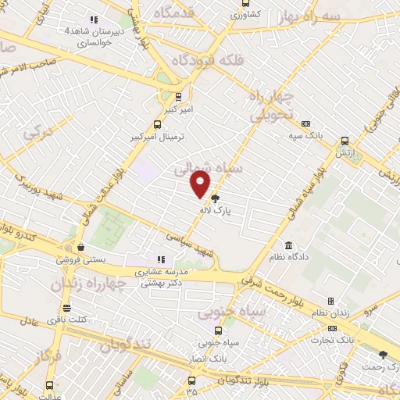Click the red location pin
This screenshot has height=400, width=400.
[x=201, y=184]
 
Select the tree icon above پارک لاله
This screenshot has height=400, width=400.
[x=216, y=198]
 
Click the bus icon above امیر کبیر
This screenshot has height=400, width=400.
[x=180, y=97]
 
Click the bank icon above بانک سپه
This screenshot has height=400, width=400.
[x=305, y=123]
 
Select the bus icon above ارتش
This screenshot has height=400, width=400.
[x=345, y=141]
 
